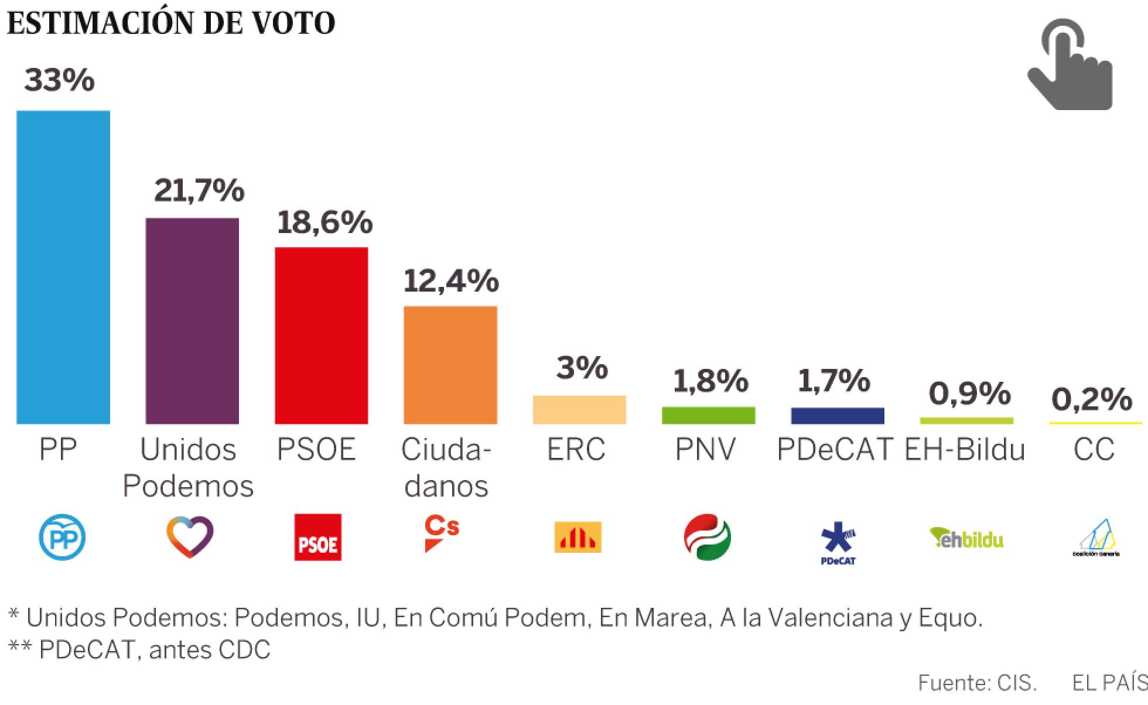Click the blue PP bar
63,267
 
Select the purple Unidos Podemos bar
192,321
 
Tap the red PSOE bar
322,336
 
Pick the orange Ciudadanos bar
450,365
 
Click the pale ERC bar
579,409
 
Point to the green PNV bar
708,415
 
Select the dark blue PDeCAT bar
837,416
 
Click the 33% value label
59,80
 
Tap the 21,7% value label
199,190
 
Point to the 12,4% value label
451,280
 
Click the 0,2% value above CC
1092,399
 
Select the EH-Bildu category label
965,450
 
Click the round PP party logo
62,537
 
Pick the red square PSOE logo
317,537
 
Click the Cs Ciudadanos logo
442,533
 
